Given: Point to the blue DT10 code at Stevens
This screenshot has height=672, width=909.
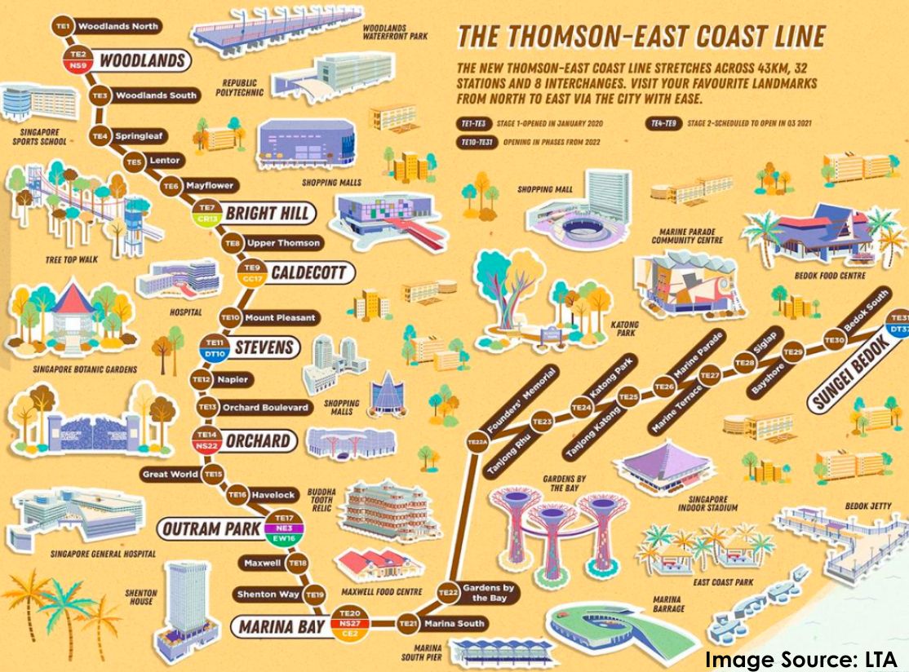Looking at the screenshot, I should [x=215, y=355].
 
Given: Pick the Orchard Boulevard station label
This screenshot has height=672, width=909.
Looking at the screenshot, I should [x=264, y=407].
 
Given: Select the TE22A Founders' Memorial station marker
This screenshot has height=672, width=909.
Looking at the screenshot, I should [x=477, y=442].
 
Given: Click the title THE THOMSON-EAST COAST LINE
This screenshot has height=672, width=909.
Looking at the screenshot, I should [x=641, y=38].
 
